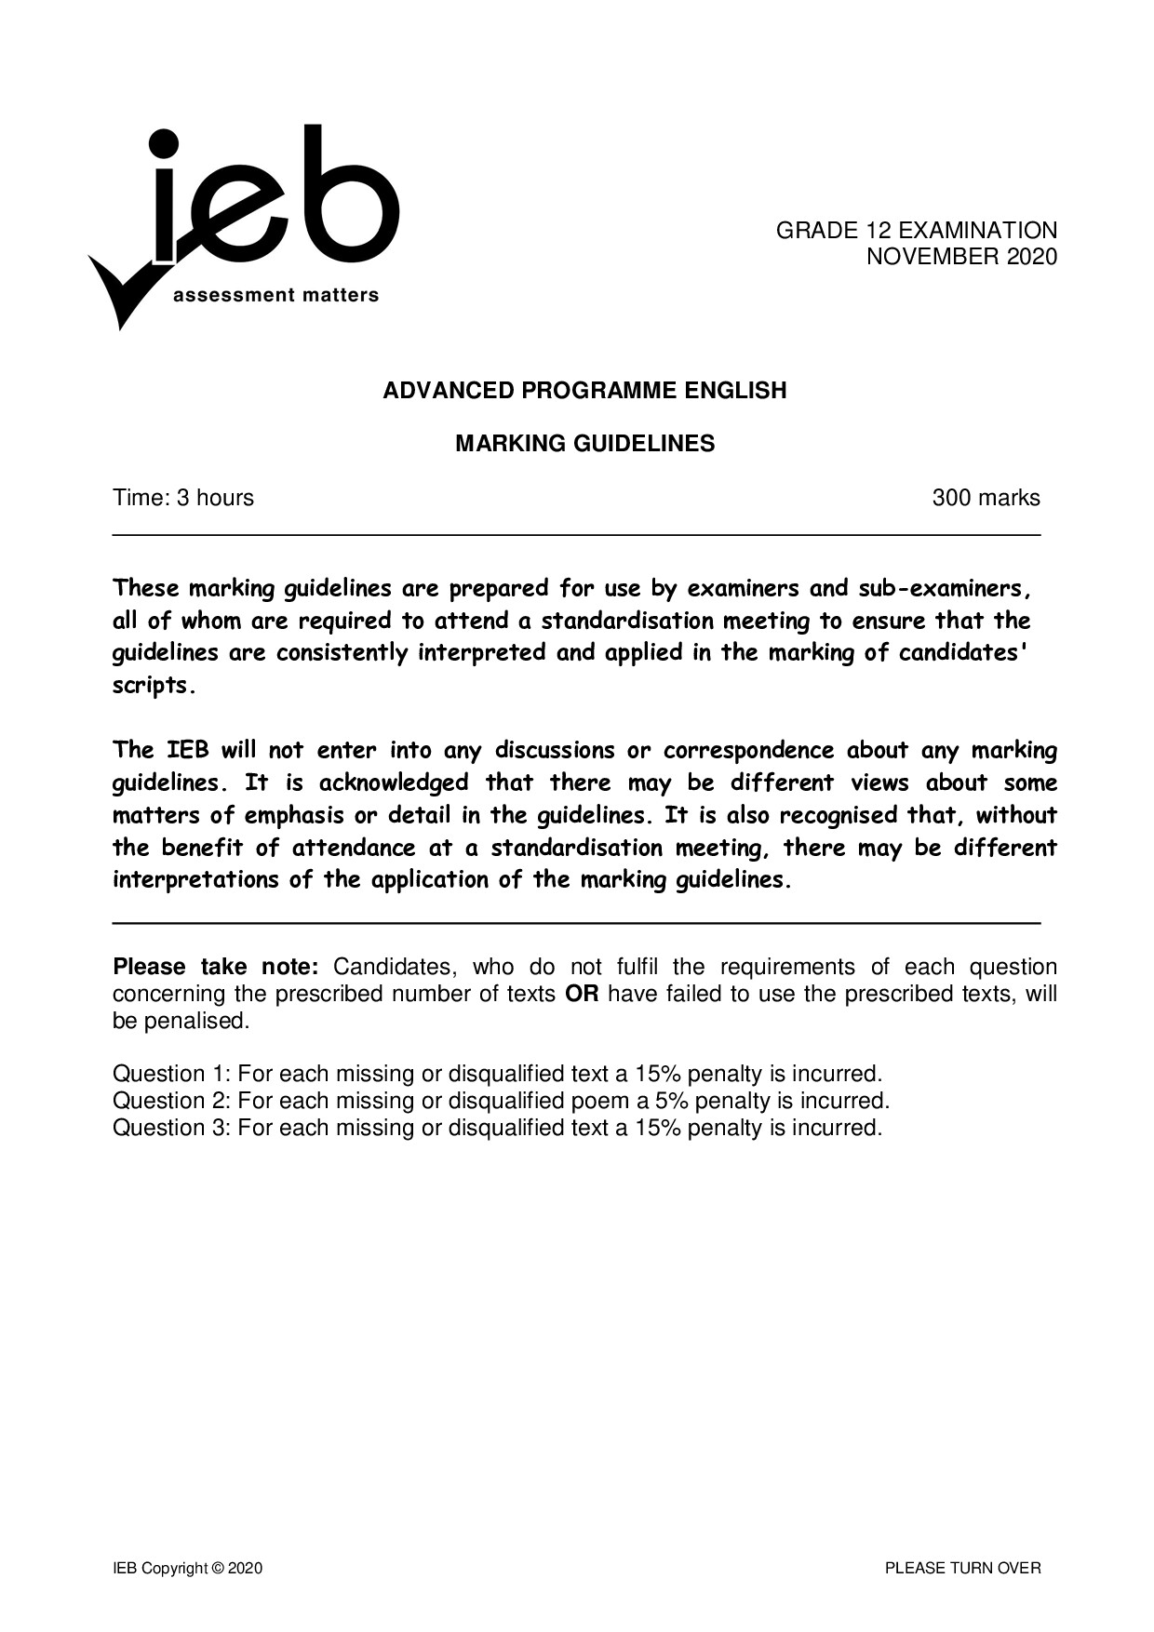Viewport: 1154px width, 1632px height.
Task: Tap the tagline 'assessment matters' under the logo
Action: [x=276, y=296]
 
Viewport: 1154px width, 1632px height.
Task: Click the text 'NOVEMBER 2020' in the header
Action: [x=961, y=257]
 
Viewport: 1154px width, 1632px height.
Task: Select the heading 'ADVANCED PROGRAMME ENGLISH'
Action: [x=584, y=391]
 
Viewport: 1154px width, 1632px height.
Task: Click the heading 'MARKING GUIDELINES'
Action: [x=584, y=444]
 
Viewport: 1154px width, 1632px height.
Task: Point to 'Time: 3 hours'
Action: [x=183, y=498]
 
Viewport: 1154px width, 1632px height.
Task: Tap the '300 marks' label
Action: [x=986, y=498]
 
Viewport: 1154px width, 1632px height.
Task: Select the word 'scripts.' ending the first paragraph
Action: [x=154, y=687]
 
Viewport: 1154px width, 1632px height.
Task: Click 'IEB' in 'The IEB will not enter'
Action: [x=187, y=750]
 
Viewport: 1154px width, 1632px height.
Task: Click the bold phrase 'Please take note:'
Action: [x=216, y=967]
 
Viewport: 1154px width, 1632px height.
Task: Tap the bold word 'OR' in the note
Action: [x=582, y=994]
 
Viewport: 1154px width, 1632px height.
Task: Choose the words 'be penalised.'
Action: [x=181, y=1021]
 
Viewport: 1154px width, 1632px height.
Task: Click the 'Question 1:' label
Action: [x=171, y=1074]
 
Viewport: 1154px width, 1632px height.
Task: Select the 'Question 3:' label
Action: [x=171, y=1128]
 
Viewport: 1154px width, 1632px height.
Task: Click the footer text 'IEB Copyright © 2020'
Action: [x=188, y=1569]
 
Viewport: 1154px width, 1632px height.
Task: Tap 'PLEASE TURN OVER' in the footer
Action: [x=962, y=1569]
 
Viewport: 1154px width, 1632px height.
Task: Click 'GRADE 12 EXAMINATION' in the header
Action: [x=917, y=231]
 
